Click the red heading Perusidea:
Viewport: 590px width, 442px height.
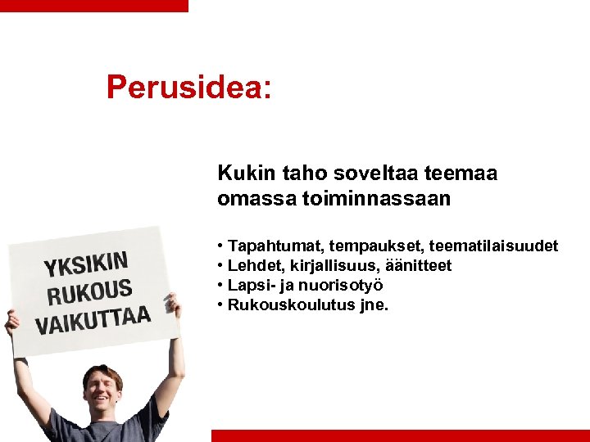click(188, 88)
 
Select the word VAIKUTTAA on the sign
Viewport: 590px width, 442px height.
click(93, 320)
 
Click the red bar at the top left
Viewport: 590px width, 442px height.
click(93, 5)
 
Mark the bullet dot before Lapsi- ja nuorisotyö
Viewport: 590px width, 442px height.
click(221, 286)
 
